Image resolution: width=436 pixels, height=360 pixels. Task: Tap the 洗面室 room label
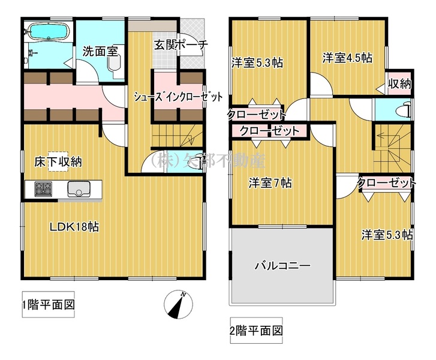(100, 52)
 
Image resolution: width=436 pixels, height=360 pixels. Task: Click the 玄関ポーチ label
(181, 44)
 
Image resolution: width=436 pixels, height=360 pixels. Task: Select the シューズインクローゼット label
(178, 97)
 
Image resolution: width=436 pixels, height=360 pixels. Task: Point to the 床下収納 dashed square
(58, 161)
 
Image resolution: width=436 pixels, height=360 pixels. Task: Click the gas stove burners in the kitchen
(43, 188)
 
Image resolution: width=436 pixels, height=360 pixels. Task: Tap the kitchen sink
(79, 189)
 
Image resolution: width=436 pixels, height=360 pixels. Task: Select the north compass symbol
(178, 304)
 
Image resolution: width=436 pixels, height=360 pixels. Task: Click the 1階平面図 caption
(49, 305)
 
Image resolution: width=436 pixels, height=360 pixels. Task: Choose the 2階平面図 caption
(256, 330)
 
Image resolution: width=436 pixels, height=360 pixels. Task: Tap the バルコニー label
(283, 266)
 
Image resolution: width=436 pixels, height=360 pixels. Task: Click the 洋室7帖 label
(270, 183)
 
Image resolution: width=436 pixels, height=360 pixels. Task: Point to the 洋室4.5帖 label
(347, 58)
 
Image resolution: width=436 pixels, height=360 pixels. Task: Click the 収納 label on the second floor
(399, 83)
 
